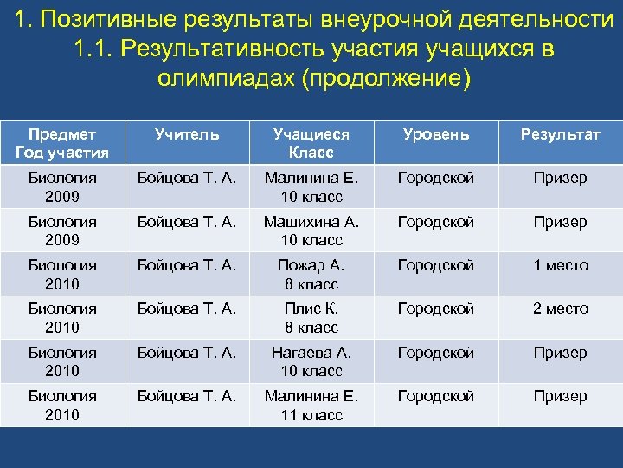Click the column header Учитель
pos(187,134)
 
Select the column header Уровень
pos(435,134)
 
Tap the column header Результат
pos(560,134)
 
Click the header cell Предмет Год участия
pos(61,144)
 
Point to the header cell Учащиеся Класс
pos(311,144)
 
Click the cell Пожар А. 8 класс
pos(311,275)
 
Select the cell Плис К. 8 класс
pos(311,318)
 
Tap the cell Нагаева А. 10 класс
pos(311,361)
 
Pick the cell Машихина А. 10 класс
pos(311,231)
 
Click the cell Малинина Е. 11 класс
pos(311,406)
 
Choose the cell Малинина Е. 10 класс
pos(311,187)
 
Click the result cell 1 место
pos(560,265)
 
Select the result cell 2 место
pos(560,309)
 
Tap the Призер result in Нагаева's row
pos(560,353)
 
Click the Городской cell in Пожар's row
pos(435,265)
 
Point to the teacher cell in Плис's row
pos(187,309)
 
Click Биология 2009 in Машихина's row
pos(61,231)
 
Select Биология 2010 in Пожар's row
pos(61,275)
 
